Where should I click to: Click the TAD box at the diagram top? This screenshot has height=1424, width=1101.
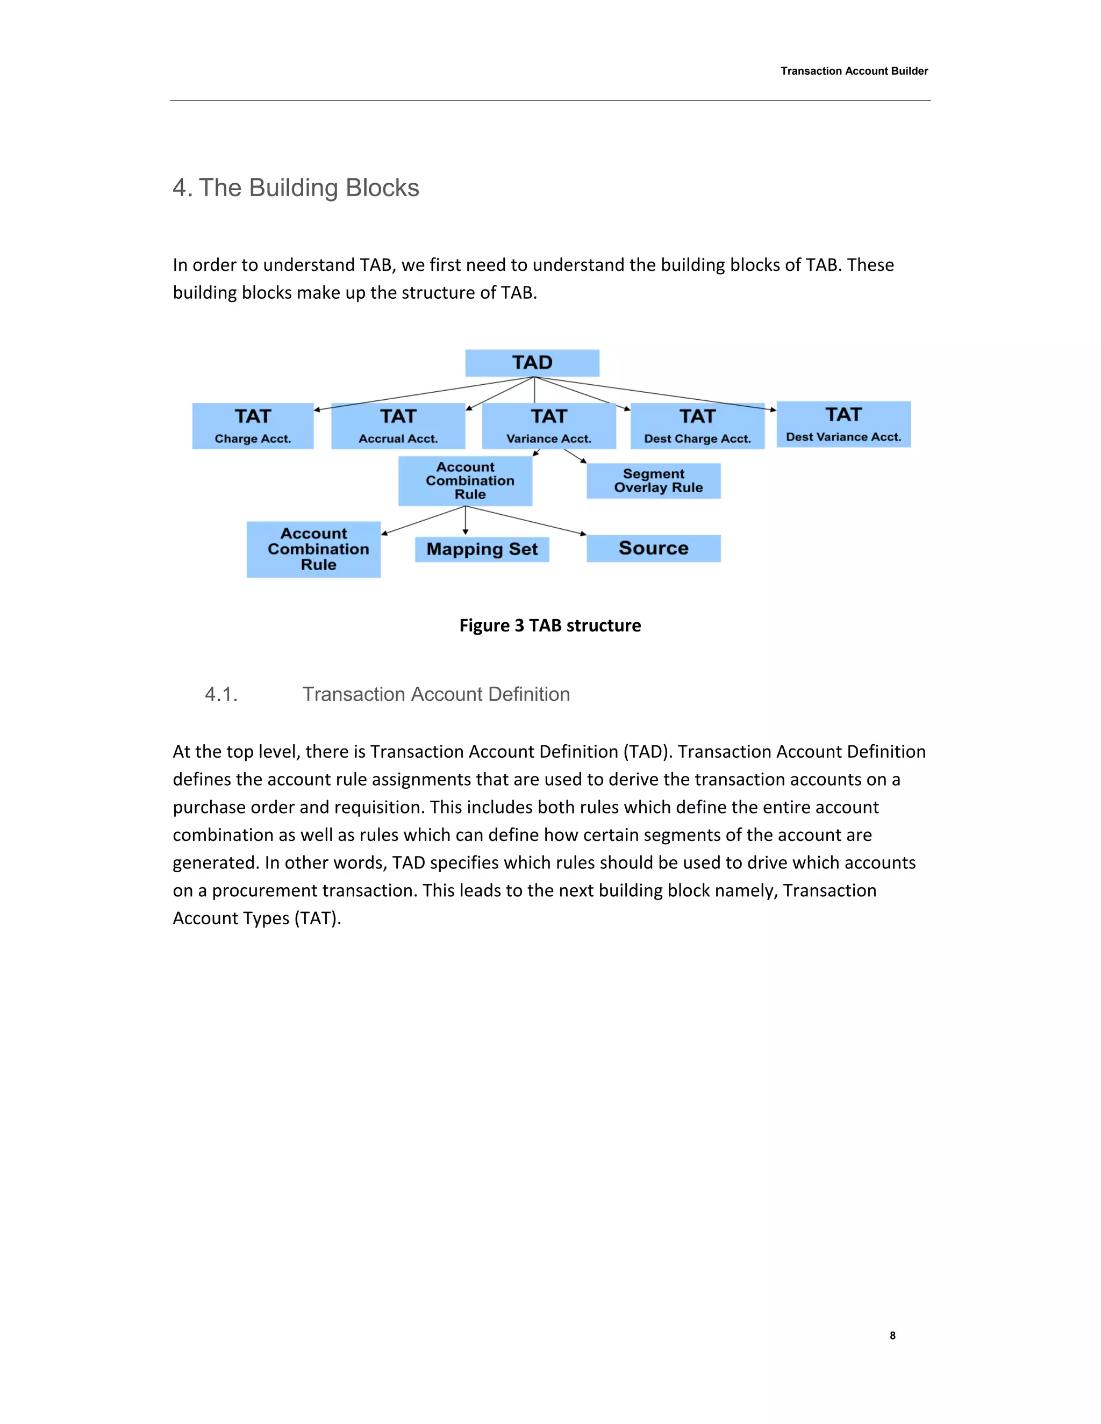[x=532, y=363]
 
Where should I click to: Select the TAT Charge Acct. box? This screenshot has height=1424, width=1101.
[x=253, y=426]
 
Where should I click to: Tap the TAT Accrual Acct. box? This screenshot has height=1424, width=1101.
[x=398, y=426]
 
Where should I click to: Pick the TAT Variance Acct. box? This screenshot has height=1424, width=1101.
[x=548, y=426]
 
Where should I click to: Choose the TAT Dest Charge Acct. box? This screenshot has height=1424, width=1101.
[x=697, y=426]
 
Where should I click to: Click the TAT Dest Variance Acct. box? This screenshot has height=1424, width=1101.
[x=843, y=424]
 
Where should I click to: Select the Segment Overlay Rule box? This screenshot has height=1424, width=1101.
[x=654, y=480]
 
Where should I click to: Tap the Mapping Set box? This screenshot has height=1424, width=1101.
[x=482, y=549]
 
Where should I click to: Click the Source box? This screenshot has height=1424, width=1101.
[x=654, y=548]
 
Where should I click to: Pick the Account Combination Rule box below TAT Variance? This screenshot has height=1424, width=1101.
[x=465, y=480]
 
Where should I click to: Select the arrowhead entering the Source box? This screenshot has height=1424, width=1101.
[x=583, y=534]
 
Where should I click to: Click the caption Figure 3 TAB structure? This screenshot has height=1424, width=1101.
[x=550, y=625]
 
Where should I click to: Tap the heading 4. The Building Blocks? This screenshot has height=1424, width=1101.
[x=296, y=188]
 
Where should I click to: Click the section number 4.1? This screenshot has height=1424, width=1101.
[x=221, y=694]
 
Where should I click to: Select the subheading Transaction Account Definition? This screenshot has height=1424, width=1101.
[x=435, y=694]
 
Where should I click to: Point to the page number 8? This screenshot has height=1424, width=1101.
[x=892, y=1335]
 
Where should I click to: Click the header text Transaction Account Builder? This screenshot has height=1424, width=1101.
[x=854, y=71]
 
